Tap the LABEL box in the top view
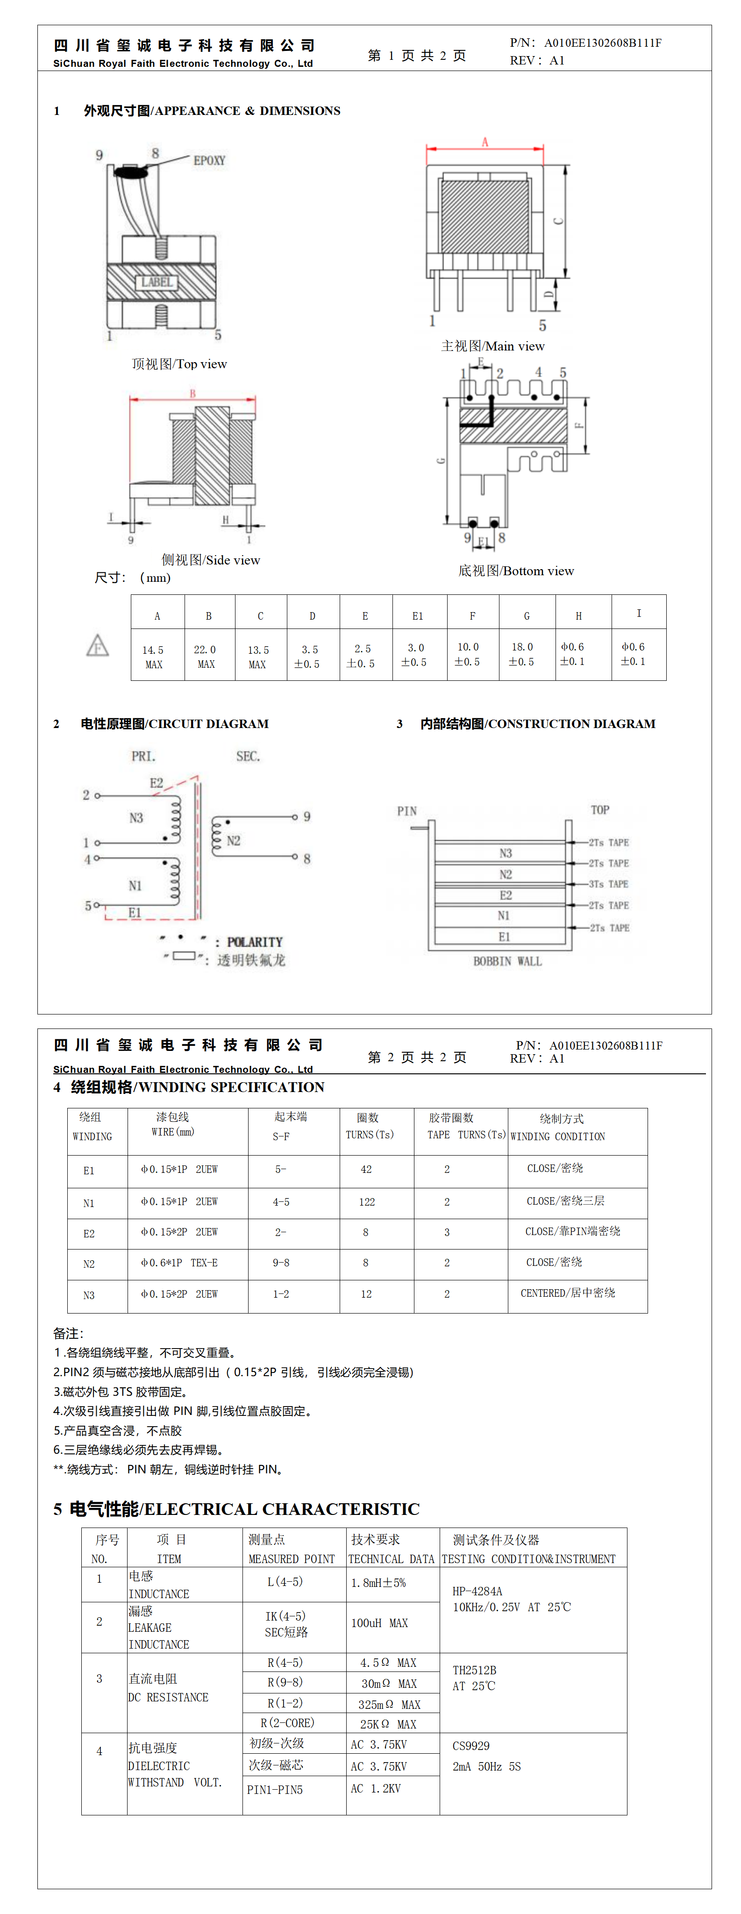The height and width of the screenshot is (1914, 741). click(157, 282)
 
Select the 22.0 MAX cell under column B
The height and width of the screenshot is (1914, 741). click(206, 657)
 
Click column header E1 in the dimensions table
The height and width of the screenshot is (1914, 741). click(418, 616)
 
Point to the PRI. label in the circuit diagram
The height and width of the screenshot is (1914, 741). click(143, 757)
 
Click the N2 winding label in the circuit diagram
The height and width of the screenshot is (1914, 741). click(234, 840)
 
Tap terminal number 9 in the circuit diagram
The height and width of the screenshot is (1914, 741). click(307, 816)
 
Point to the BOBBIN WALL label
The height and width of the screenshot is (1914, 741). click(507, 962)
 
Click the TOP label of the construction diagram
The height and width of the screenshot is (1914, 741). click(600, 810)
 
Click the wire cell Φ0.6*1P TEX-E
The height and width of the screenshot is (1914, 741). click(179, 1263)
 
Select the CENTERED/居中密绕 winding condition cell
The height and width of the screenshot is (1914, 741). click(568, 1293)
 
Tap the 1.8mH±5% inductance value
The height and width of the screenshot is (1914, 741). click(378, 1583)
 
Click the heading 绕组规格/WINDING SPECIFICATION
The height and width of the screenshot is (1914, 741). click(197, 1087)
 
